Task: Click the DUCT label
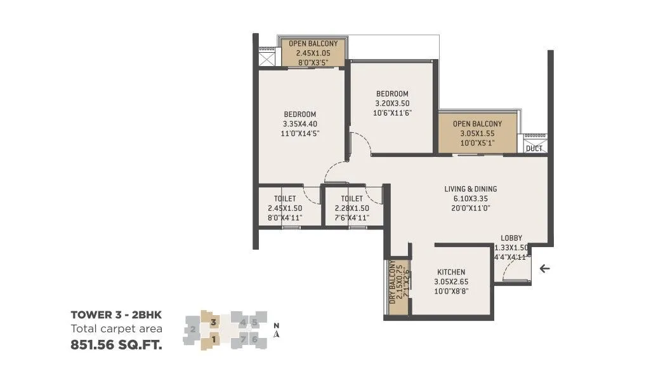534,149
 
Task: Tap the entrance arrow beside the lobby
544,269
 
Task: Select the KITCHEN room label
450,272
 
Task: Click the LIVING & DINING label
470,189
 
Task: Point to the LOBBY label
511,238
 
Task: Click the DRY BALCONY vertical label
393,281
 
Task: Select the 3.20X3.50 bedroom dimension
391,104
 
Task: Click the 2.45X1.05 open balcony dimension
313,53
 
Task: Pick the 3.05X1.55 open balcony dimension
477,134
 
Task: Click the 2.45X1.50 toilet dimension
285,208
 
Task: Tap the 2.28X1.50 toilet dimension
351,208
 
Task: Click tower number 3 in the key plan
214,322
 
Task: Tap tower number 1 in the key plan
214,339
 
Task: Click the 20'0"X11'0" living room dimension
470,208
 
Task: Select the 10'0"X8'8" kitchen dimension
450,291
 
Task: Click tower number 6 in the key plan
254,339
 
